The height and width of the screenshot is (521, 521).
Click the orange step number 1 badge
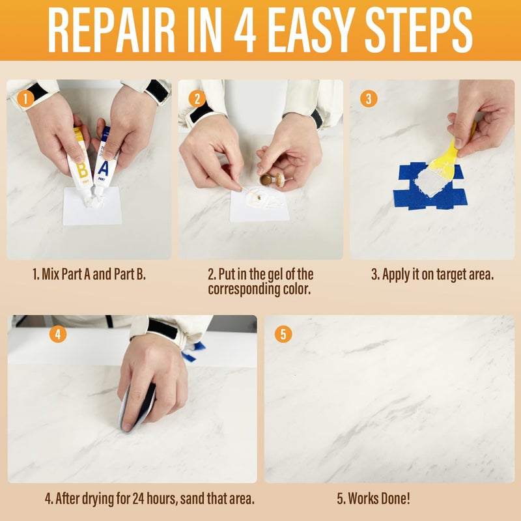point(25,100)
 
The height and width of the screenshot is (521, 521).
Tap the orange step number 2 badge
point(197,100)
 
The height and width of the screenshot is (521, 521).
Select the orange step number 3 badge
point(369,100)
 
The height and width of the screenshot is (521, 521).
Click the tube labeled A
point(104,163)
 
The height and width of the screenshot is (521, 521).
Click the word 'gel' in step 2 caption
point(275,274)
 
